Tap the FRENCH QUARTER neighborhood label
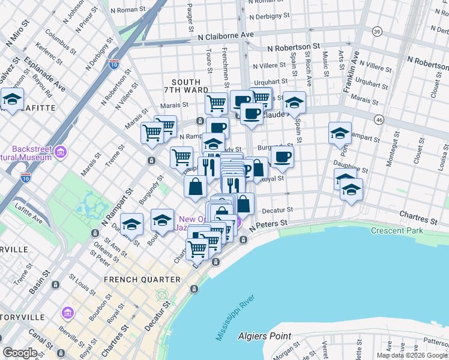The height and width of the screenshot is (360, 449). pos(142,280)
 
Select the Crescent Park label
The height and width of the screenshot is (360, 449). pos(397,230)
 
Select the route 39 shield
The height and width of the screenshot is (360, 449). pos(376,31)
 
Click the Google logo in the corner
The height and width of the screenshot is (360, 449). pos(20,352)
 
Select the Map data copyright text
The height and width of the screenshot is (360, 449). pos(411,355)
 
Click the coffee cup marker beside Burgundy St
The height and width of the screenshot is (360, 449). pos(282,158)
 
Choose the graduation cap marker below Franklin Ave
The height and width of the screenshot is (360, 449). pos(340,133)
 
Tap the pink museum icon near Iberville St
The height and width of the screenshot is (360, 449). pos(67,313)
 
